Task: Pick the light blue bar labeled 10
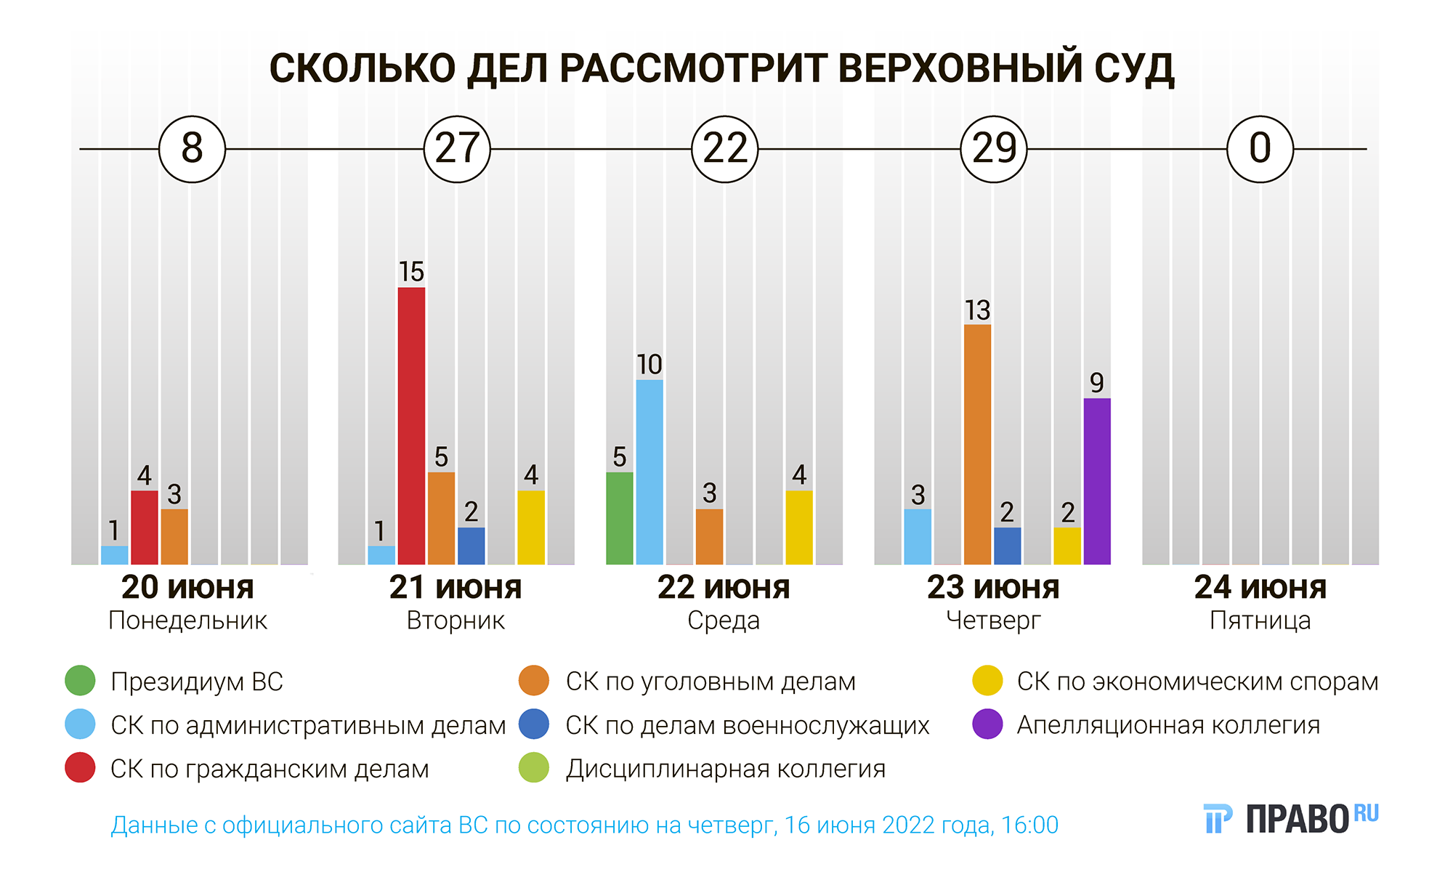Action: click(x=649, y=472)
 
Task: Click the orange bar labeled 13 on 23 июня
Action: click(x=977, y=444)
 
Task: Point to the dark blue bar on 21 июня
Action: click(x=471, y=546)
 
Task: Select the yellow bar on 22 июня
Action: click(x=799, y=528)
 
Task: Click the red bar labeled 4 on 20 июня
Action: click(x=145, y=528)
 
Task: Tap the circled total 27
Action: click(x=457, y=149)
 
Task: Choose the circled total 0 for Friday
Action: click(x=1260, y=149)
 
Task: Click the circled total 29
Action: click(x=994, y=149)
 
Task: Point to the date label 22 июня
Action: click(x=724, y=587)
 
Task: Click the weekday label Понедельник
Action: click(x=187, y=621)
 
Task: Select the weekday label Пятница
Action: click(x=1260, y=621)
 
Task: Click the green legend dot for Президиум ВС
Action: click(x=80, y=681)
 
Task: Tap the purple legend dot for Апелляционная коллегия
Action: click(x=987, y=724)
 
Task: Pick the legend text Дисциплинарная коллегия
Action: click(x=726, y=769)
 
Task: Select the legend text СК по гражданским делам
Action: click(x=270, y=769)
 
